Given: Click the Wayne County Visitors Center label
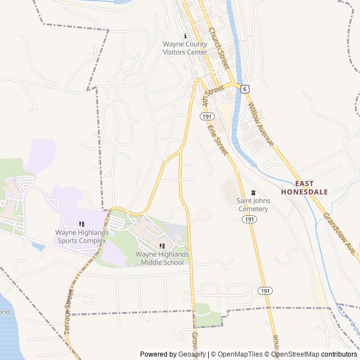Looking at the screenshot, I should coord(185,48).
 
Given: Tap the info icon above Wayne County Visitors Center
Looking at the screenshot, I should coord(185,35).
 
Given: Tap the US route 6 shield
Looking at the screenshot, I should coord(245,89).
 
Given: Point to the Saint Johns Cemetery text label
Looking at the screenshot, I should coord(253,205).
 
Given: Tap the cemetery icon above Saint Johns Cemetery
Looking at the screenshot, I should coord(253,192).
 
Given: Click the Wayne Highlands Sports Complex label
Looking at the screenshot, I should coord(82,236).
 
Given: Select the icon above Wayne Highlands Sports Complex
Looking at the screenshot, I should coord(82,224).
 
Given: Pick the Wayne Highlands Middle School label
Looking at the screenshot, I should coord(162,258).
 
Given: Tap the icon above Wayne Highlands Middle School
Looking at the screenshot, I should coord(162,246).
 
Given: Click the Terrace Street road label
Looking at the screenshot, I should coord(69,311).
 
